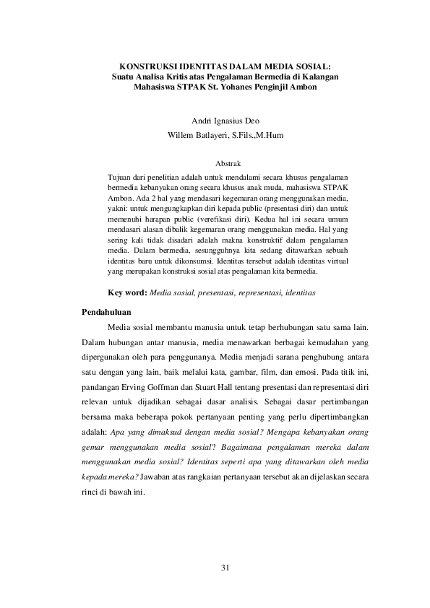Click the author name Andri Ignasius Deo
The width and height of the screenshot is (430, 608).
[x=215, y=121]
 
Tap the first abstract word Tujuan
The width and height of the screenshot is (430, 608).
[x=119, y=177]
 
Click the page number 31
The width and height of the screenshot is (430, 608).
[x=224, y=568]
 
